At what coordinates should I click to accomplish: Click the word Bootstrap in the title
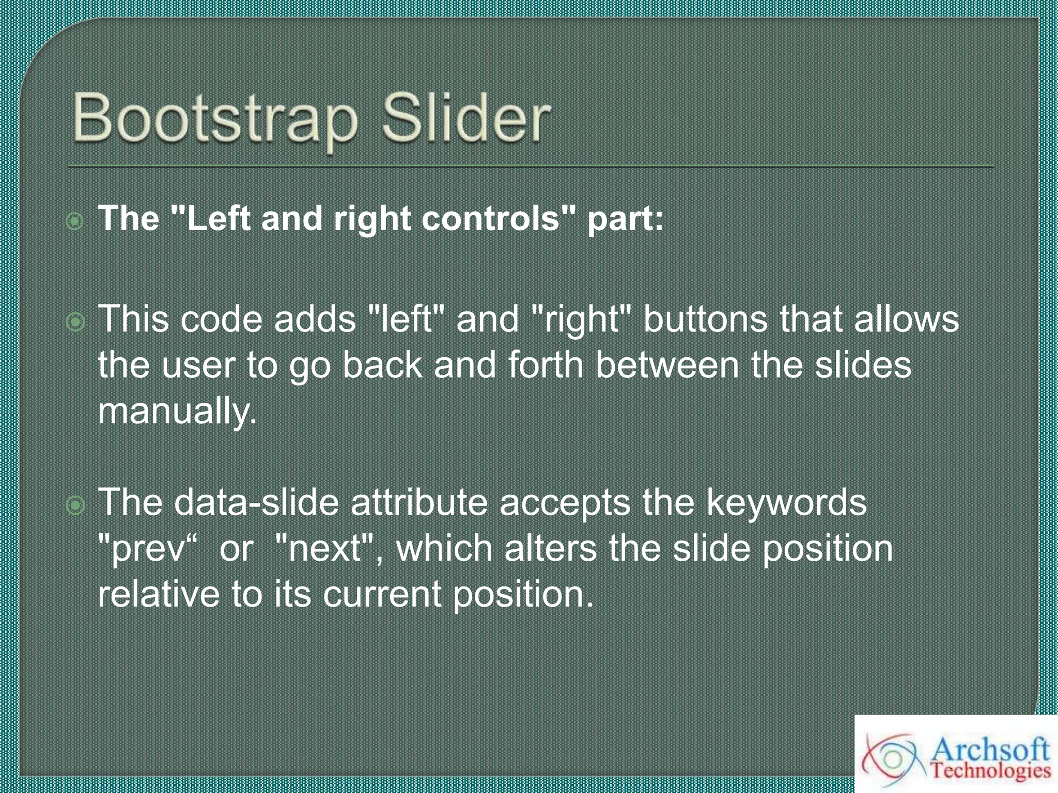pos(214,119)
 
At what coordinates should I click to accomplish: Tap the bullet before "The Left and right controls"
pos(75,221)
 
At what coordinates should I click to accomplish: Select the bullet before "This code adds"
pos(75,322)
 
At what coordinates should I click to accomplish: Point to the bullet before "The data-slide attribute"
pos(75,505)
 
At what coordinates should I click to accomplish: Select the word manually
pos(177,411)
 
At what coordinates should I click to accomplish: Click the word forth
pos(546,365)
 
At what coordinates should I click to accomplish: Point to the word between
pos(667,365)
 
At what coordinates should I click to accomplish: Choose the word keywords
pos(786,502)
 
